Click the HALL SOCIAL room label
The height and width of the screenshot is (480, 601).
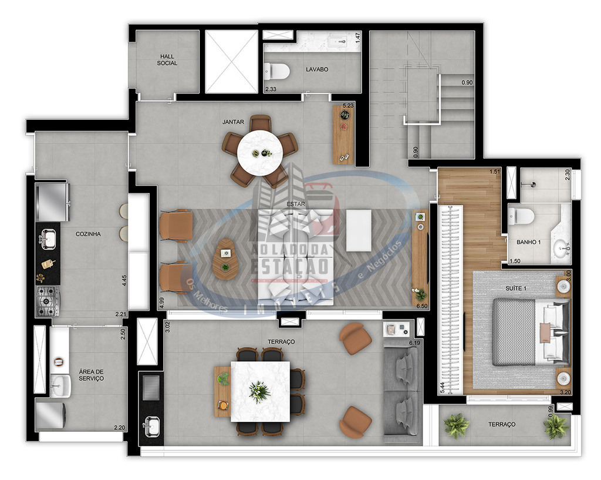[167, 60]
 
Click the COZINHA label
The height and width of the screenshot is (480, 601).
[88, 234]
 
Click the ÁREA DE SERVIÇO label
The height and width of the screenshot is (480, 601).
[91, 375]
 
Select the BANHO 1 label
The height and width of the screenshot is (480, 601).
[528, 242]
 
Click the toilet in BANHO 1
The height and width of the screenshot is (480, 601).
[521, 216]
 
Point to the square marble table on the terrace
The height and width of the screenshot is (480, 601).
[259, 391]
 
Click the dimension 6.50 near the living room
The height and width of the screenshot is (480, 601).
[421, 306]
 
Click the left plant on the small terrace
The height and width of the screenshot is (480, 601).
[456, 425]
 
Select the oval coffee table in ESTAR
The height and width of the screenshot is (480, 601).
[225, 259]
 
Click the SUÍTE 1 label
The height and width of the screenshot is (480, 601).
[516, 288]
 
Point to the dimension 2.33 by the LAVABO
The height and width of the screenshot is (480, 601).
[271, 89]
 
